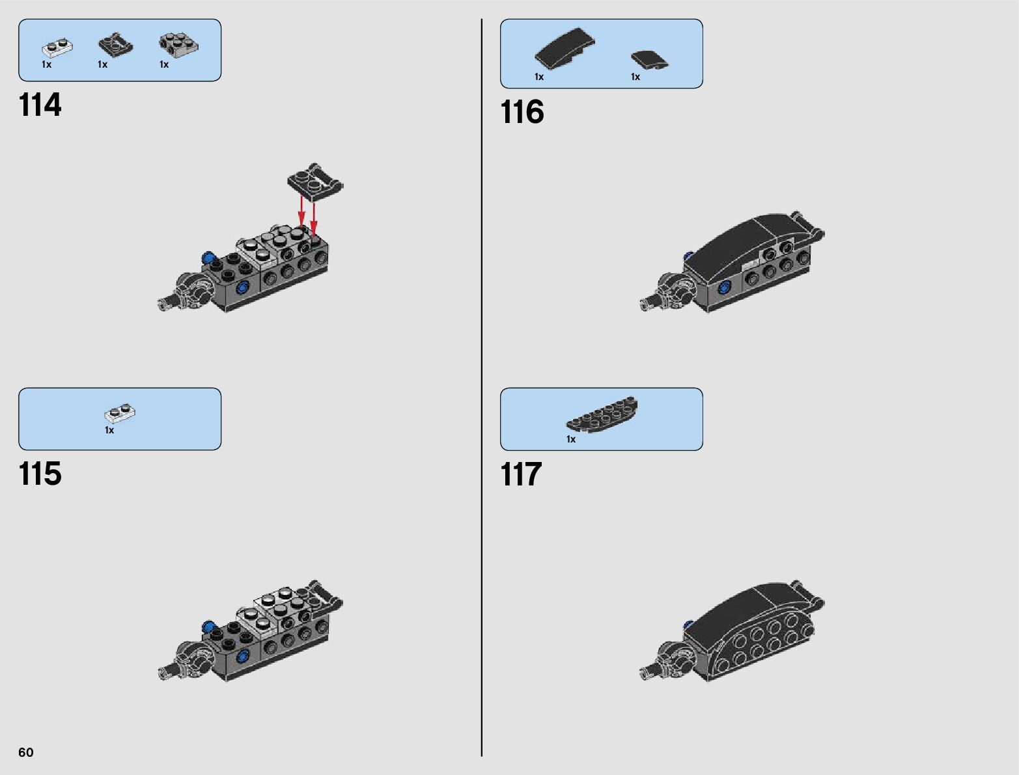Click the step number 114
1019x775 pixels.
[x=40, y=105]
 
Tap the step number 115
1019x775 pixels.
[x=40, y=474]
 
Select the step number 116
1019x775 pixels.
[x=522, y=113]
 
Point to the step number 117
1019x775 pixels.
[x=521, y=475]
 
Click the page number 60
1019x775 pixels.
[x=26, y=752]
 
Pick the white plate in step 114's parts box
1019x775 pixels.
[x=57, y=48]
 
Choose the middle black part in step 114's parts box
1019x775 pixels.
[x=115, y=45]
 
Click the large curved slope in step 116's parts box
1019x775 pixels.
[x=564, y=48]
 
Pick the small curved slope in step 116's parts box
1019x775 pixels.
[x=649, y=60]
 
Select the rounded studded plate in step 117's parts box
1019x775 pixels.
[x=602, y=414]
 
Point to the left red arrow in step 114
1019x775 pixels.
[x=301, y=211]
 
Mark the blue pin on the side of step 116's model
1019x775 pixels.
[x=723, y=287]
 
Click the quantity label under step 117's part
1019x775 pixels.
[x=571, y=439]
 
